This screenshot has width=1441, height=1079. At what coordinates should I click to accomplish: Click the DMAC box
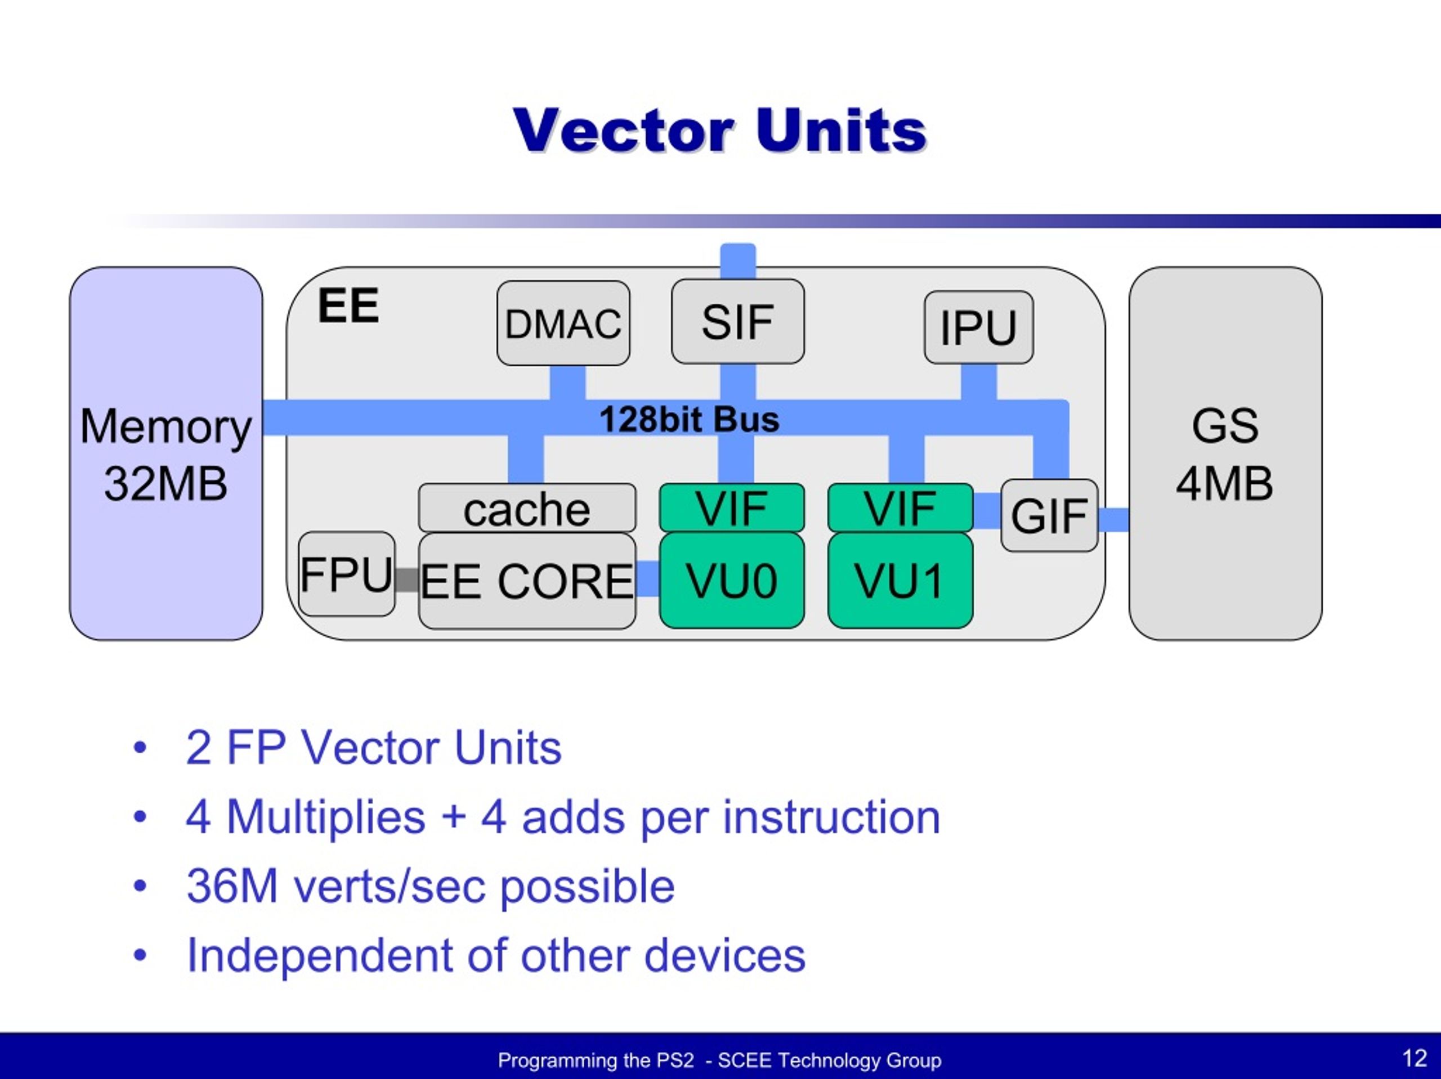(563, 323)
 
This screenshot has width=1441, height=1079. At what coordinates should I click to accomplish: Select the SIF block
(737, 321)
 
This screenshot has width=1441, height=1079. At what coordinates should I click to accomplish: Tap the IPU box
(978, 327)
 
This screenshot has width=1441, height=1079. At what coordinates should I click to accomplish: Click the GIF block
(1049, 516)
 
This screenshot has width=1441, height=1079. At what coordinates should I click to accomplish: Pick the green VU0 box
(732, 580)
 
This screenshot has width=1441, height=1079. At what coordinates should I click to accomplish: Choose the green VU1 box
(900, 580)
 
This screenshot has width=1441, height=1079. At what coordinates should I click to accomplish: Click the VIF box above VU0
(732, 508)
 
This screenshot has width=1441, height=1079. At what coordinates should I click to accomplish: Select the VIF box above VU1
(900, 508)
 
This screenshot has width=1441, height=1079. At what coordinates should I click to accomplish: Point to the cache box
(526, 509)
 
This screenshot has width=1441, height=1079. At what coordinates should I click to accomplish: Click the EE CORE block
(526, 581)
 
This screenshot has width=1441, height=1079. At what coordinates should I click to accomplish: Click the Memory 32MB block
(166, 454)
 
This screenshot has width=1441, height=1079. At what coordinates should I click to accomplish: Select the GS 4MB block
(1225, 454)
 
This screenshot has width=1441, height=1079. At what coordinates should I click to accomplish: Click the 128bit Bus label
(689, 419)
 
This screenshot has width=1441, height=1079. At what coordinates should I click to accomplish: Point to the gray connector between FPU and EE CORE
(406, 579)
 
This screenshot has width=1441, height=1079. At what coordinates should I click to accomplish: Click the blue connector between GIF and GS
(1113, 520)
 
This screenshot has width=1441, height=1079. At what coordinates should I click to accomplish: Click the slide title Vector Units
(720, 131)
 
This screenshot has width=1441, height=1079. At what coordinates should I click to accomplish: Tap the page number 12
(1415, 1058)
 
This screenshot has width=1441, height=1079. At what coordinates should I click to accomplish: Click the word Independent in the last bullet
(319, 955)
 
